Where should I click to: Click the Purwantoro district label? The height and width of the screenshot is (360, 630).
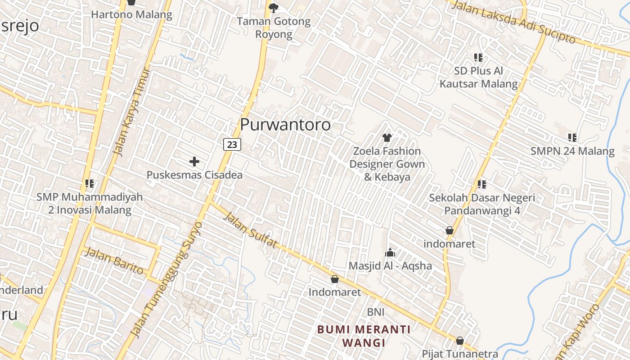click(x=285, y=125)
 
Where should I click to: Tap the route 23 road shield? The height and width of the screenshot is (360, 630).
click(x=232, y=144)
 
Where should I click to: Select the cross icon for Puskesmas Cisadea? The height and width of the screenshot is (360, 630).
click(x=194, y=161)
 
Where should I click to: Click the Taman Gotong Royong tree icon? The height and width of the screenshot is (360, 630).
click(x=273, y=8)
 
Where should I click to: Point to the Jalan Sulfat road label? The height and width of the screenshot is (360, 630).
click(x=250, y=230)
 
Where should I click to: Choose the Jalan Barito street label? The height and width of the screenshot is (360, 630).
click(x=114, y=261)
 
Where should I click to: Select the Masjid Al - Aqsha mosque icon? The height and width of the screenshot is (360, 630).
click(x=390, y=252)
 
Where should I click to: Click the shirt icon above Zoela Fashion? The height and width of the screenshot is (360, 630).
click(x=387, y=138)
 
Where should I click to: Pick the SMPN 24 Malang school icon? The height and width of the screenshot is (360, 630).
click(x=572, y=138)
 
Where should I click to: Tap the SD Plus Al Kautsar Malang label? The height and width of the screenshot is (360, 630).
click(x=478, y=77)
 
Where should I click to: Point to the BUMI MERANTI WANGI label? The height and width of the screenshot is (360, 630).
click(x=364, y=336)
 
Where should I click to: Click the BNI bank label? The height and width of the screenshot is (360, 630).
click(x=376, y=312)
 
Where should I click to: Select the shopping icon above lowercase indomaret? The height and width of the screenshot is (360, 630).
click(x=449, y=231)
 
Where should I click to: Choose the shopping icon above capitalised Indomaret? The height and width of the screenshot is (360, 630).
click(x=334, y=279)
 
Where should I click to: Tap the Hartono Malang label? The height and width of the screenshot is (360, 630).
click(x=131, y=14)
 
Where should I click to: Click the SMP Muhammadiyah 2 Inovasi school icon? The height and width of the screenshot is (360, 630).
click(x=90, y=184)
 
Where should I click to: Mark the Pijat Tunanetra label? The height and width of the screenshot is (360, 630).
click(x=460, y=354)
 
